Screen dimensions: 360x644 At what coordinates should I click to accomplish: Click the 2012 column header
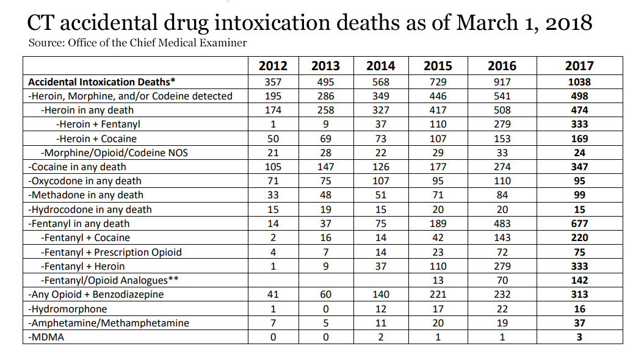[273, 66]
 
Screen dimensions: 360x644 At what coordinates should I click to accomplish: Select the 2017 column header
[579, 66]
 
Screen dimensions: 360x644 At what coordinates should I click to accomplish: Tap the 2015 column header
[438, 66]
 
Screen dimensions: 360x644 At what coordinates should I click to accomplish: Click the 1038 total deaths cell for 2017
[579, 82]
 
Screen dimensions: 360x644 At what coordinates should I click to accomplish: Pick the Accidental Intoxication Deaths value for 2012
[273, 82]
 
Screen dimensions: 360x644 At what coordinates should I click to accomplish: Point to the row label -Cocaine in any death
[77, 167]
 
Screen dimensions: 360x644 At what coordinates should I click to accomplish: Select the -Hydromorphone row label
[68, 309]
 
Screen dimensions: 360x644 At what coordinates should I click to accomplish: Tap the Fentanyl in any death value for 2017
[579, 223]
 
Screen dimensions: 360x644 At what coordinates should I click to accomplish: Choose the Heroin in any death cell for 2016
[502, 110]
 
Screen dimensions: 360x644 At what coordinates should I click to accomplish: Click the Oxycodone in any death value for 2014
[380, 181]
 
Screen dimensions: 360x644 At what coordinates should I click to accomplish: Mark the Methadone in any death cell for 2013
[325, 195]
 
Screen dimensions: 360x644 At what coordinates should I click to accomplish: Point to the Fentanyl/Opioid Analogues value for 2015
[438, 280]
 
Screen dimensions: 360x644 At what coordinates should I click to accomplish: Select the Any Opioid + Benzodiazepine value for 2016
[502, 294]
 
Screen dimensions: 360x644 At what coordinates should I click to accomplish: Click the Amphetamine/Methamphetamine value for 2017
[579, 323]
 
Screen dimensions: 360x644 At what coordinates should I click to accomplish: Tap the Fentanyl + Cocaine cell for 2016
[502, 237]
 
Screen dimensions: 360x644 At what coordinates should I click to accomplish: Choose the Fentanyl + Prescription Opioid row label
[111, 252]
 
